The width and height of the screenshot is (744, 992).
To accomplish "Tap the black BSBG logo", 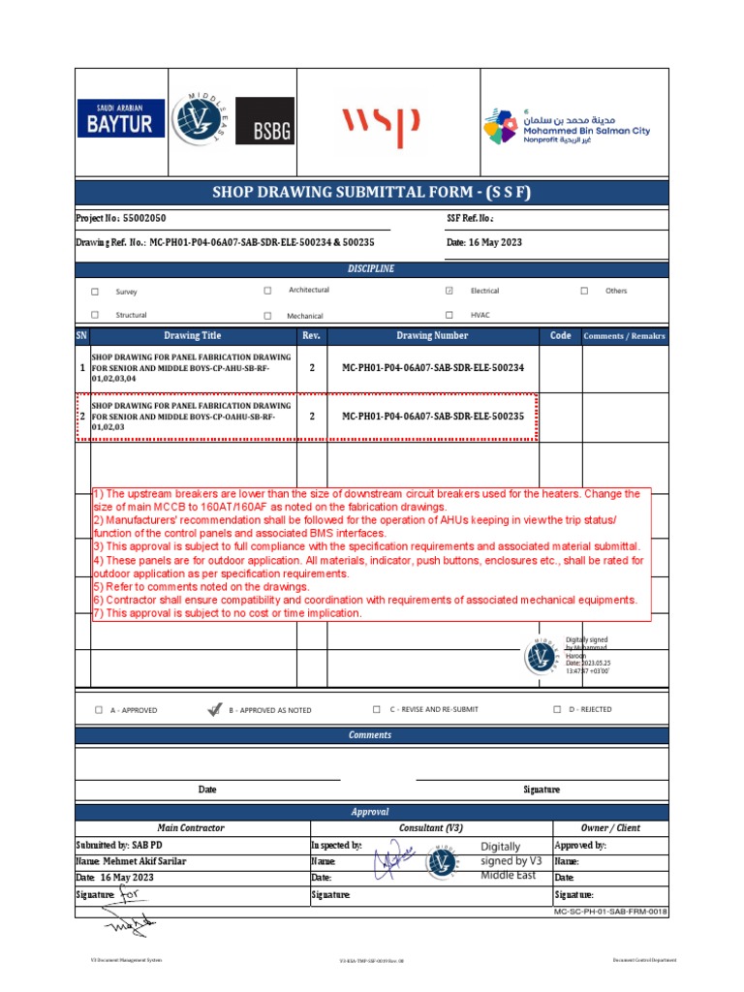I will coord(264,123).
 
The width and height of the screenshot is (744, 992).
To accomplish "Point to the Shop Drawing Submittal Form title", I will coord(371,192).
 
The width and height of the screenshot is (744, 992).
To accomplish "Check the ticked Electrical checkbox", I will coord(449,291).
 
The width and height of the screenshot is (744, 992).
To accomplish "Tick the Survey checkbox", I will coord(95,292).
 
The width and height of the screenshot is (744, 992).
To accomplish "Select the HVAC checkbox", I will coord(449,315).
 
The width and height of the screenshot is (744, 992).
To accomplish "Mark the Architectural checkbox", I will coord(267,291).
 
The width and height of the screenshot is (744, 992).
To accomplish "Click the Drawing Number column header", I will coord(432,336).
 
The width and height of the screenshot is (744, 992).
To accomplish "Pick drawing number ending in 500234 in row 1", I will coord(432,368).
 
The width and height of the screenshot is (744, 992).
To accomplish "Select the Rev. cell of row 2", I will coord(311,416).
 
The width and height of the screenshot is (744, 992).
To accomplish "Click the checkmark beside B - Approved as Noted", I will coord(214,709).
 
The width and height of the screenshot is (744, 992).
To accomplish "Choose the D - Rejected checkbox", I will coord(557,709).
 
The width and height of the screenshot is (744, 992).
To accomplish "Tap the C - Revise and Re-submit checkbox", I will coord(377,709).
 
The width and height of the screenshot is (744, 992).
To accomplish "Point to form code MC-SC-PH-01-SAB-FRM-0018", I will coord(610,912).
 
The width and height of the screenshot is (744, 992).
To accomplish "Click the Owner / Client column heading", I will coord(609,828).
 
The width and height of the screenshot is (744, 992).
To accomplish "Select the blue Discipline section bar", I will coord(371,268).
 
